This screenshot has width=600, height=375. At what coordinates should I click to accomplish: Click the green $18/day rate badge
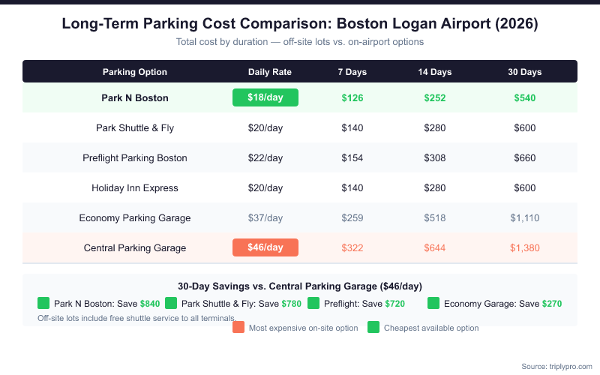(x=265, y=97)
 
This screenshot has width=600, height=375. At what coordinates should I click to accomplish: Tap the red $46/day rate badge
(x=265, y=247)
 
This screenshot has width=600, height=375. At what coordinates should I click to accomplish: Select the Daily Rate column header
(x=270, y=72)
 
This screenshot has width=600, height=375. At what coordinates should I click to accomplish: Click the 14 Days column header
(x=435, y=72)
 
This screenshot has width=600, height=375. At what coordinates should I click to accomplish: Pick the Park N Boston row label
(x=135, y=97)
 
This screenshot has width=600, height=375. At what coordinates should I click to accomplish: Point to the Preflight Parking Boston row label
(x=135, y=157)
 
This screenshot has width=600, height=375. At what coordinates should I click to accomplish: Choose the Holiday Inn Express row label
(x=135, y=187)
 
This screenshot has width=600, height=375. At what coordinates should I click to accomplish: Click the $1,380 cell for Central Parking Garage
(x=525, y=247)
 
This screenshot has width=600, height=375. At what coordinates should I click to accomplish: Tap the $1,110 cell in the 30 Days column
(x=525, y=217)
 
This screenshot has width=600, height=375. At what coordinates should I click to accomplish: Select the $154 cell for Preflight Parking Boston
(x=352, y=157)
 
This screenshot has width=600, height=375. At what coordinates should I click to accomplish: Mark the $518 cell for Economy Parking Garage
(x=435, y=217)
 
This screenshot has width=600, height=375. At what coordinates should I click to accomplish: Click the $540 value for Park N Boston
(x=525, y=97)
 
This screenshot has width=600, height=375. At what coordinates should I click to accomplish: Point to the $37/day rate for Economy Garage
(x=265, y=217)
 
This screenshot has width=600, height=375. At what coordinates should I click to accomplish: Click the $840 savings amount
(x=150, y=304)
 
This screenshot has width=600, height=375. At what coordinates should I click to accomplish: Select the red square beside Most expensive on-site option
(x=238, y=327)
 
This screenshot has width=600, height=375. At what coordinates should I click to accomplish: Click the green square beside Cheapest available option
(x=373, y=327)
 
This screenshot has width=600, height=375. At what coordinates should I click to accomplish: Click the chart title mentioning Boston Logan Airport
(x=300, y=24)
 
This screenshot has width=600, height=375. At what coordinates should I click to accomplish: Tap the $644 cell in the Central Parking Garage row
(x=435, y=247)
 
